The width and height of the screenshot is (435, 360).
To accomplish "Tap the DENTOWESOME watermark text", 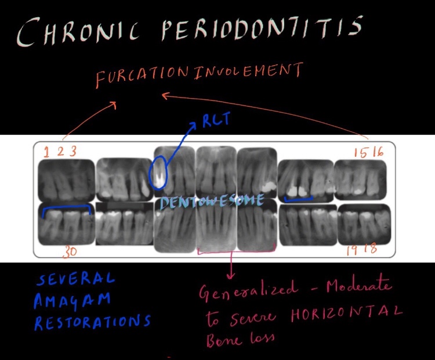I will click(211, 202).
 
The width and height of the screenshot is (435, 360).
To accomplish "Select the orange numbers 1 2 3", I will click(60, 152).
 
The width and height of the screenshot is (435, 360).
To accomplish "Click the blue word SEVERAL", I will click(75, 280).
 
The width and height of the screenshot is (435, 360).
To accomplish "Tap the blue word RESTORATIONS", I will click(92, 322).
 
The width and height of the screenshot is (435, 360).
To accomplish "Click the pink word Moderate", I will click(359, 286).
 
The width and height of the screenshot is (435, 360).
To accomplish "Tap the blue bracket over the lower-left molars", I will click(67, 206).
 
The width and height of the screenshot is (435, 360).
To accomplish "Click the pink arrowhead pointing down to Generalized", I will click(232, 273).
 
